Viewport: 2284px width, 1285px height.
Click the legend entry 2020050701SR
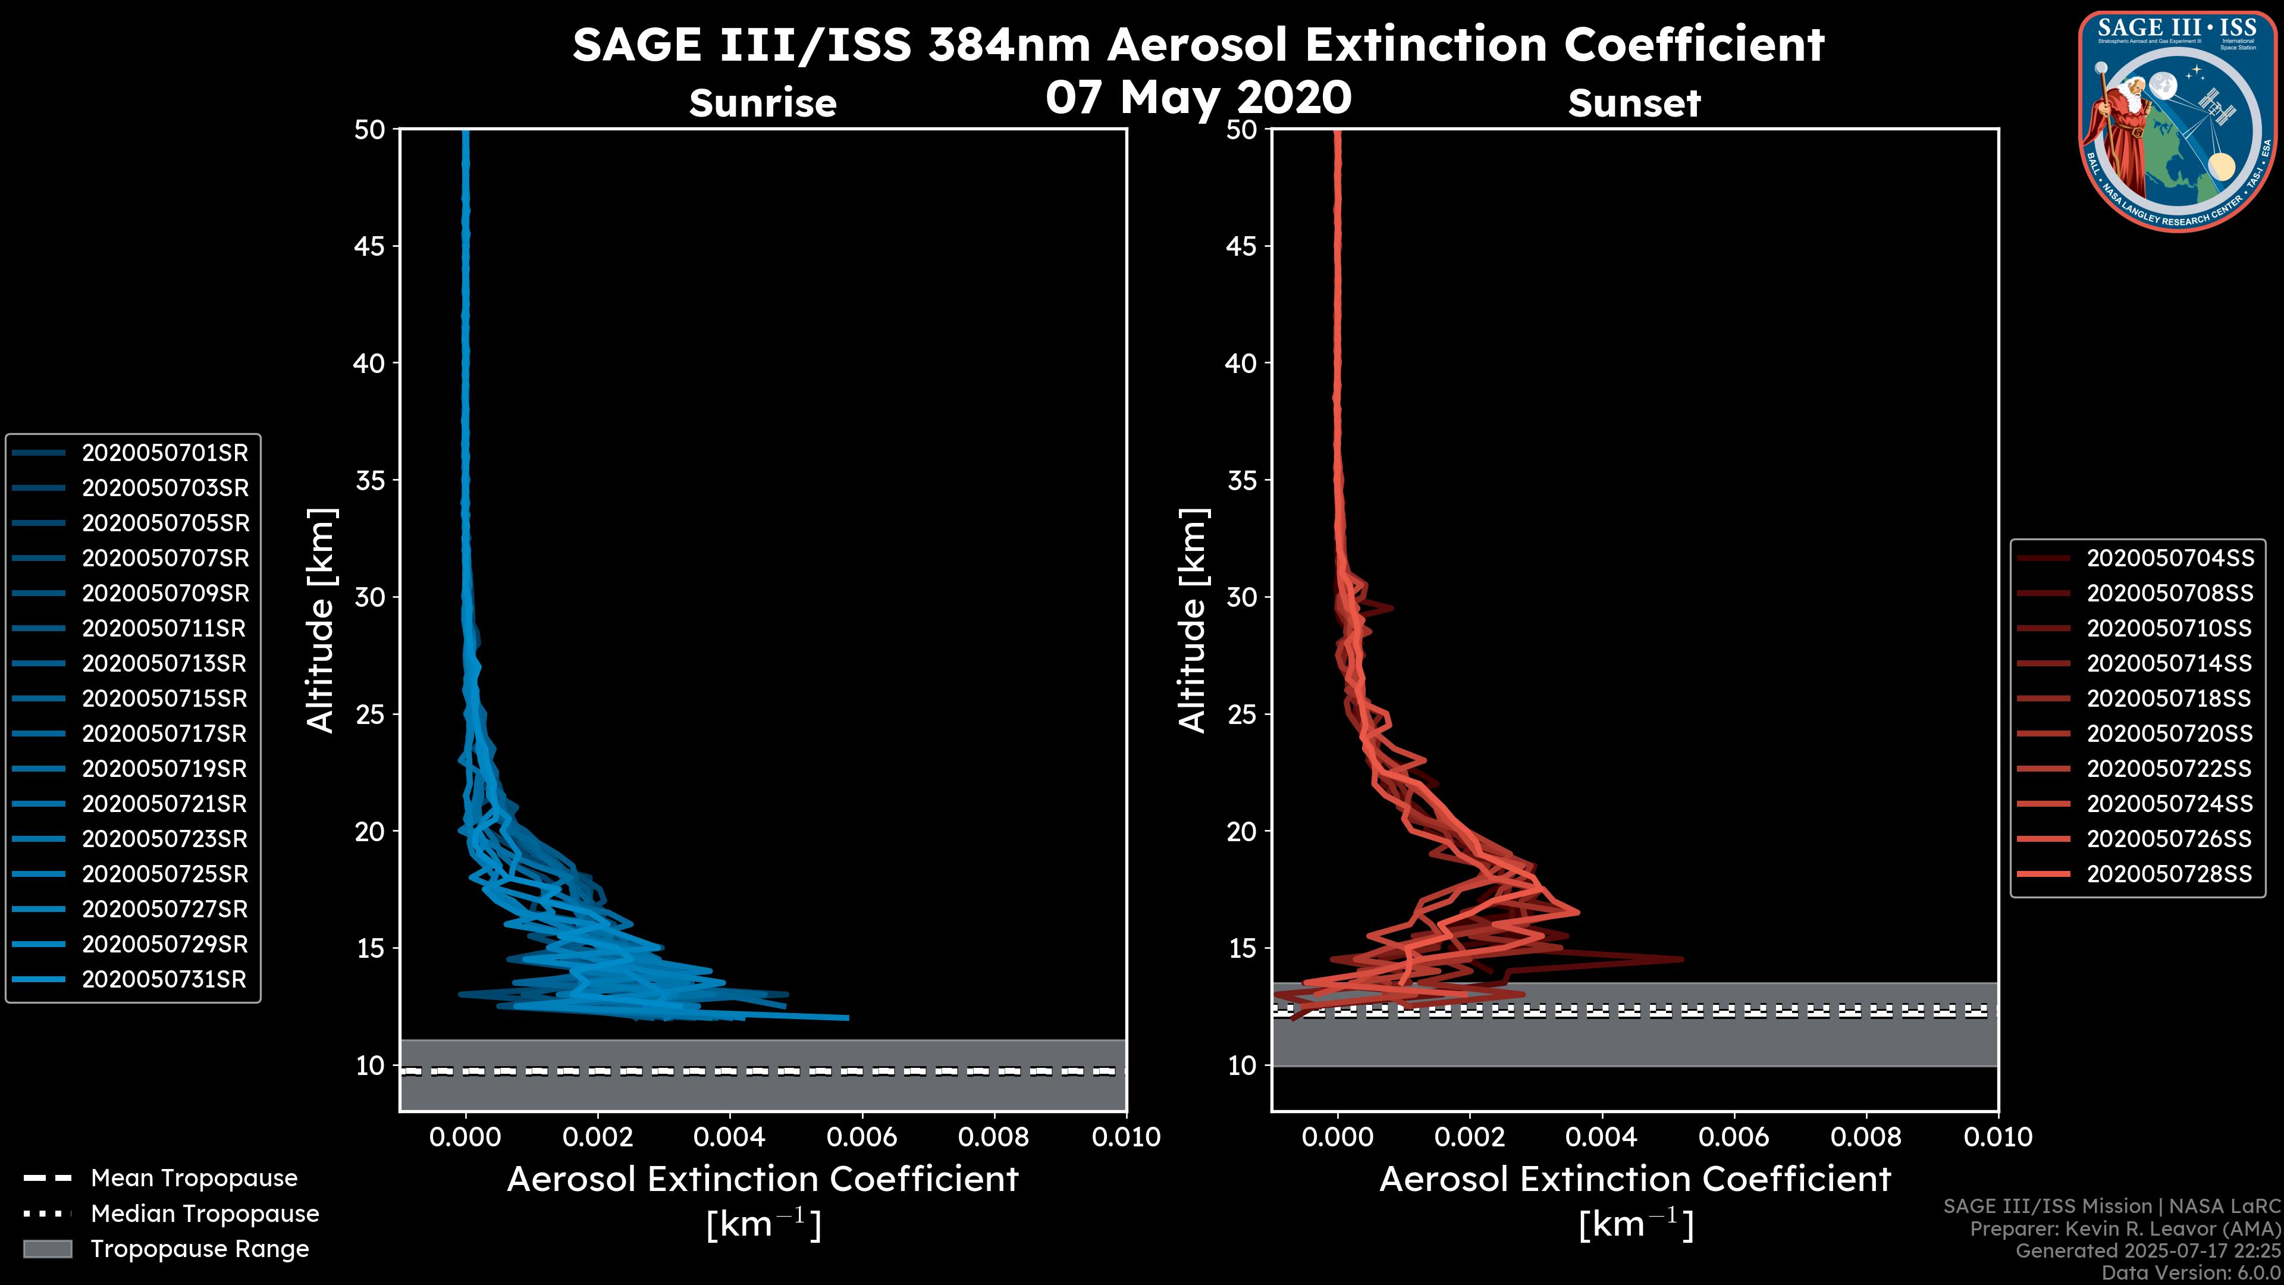[165, 453]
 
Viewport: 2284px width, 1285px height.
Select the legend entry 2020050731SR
[164, 980]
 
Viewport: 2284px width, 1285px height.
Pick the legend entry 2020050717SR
[164, 734]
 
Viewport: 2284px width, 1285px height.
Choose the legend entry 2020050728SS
[2169, 875]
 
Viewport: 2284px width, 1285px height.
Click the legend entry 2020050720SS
[2169, 734]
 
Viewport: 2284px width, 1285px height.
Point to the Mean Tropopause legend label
[194, 1179]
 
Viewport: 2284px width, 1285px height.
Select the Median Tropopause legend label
[205, 1214]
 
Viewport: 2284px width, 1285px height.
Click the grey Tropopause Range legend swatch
[47, 1249]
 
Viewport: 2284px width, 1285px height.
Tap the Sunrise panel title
[763, 104]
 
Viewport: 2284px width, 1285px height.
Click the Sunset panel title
[1634, 104]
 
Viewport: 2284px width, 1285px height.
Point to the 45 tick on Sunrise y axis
[371, 246]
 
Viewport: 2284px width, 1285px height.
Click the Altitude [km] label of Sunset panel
[1193, 620]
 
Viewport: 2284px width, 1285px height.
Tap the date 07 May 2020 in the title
[1198, 98]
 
